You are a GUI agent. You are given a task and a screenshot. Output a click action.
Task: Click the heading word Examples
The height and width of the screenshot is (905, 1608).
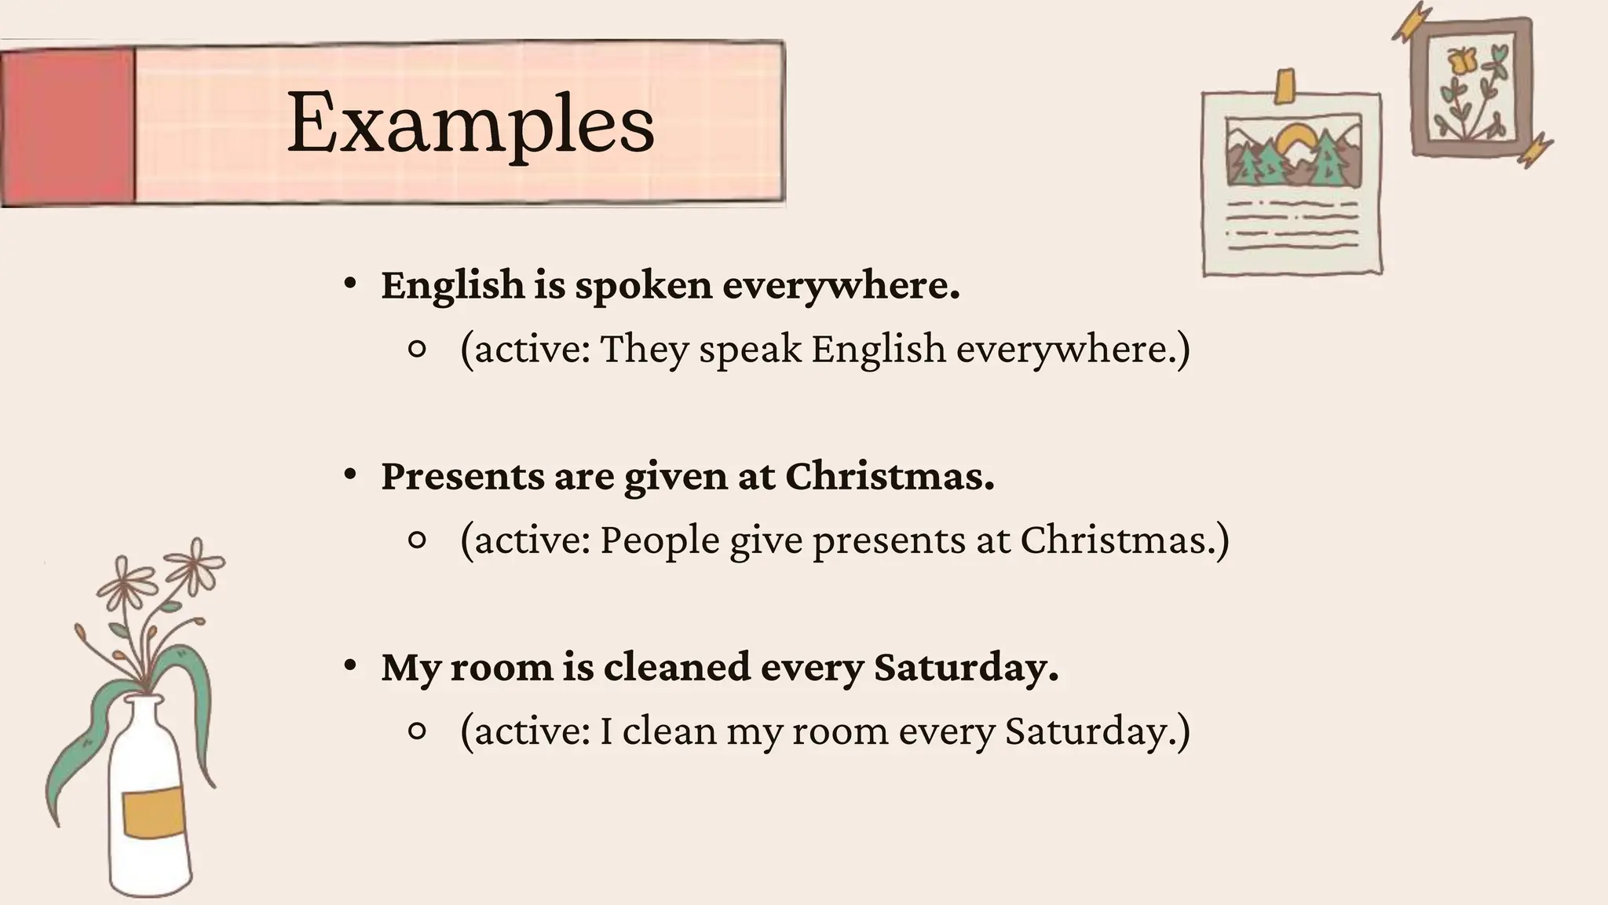click(x=470, y=124)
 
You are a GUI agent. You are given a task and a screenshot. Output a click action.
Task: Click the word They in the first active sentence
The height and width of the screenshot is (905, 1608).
click(x=644, y=350)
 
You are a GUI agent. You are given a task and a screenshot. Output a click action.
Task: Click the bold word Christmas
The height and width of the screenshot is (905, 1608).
click(x=889, y=476)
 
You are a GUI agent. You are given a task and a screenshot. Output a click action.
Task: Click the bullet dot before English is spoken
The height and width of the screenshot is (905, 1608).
click(x=350, y=284)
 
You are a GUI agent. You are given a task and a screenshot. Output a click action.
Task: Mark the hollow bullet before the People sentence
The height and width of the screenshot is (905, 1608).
click(x=418, y=540)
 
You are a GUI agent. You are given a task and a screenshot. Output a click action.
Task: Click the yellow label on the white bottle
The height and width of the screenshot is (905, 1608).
click(x=153, y=813)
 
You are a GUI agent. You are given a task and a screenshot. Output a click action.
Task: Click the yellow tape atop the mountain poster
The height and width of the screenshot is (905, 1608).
click(x=1285, y=86)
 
